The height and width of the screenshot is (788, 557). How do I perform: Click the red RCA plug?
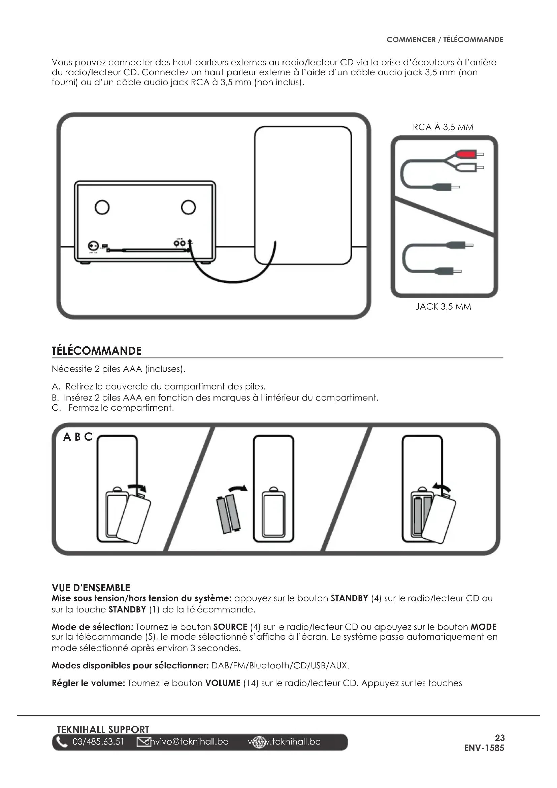465,154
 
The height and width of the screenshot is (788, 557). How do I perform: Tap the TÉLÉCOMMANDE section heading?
96,351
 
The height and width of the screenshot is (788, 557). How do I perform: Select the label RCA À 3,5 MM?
443,127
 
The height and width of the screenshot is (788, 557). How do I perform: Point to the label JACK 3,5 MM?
443,307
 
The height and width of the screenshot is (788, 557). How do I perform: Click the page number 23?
500,737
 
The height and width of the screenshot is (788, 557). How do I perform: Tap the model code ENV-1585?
484,748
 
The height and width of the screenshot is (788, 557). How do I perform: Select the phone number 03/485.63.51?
98,742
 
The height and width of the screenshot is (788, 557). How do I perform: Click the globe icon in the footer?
259,743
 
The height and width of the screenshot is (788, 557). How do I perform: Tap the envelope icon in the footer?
144,742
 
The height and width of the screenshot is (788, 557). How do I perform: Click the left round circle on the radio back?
102,207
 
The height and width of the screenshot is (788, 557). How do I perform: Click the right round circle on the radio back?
188,207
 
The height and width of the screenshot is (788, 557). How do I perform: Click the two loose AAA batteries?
228,514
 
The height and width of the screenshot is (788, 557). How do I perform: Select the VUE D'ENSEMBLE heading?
91,588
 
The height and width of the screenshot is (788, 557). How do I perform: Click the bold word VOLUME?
223,683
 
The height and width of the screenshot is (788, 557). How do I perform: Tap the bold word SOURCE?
230,627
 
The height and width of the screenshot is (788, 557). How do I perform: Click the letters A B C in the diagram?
78,437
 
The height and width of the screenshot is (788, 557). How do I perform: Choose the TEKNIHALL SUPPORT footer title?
103,729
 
